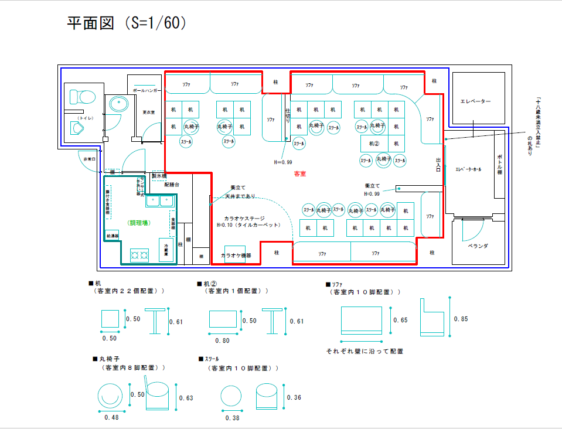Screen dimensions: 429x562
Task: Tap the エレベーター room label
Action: click(475, 101)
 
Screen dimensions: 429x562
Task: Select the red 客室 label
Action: click(300, 173)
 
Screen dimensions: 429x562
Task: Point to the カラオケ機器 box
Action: click(236, 255)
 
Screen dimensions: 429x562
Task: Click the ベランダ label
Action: click(478, 246)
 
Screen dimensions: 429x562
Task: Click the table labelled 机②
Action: click(374, 143)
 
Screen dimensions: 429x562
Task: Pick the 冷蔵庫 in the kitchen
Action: click(166, 249)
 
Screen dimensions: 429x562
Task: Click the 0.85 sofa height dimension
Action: click(460, 319)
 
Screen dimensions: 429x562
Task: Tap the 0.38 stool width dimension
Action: click(232, 417)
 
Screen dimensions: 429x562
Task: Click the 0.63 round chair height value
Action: click(186, 399)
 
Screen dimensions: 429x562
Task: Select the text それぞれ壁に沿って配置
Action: click(365, 351)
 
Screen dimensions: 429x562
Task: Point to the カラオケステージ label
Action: click(244, 218)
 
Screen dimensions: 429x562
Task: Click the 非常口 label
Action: click(89, 159)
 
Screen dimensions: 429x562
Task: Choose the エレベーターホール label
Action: click(468, 169)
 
